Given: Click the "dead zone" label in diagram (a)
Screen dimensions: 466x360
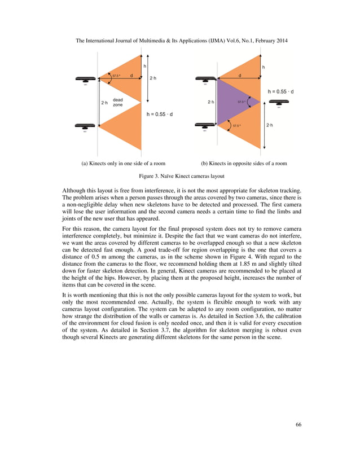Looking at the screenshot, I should coord(118,103).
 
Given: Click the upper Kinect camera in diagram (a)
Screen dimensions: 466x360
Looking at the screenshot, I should coord(85,80).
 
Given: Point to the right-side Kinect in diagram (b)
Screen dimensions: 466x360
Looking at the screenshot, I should coord(279,103).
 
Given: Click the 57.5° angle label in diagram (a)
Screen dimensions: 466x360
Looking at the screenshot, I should coord(116,76).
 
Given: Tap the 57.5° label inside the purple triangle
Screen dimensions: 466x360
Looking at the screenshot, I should coord(242,102).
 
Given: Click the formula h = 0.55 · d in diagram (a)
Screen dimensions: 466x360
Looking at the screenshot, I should coord(160,114).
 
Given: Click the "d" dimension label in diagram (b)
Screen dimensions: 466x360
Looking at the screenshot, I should coord(239,74).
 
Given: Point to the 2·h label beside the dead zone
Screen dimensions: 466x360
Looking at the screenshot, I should coord(104,103).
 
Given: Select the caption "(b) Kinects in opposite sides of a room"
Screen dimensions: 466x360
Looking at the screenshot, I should coord(244,164).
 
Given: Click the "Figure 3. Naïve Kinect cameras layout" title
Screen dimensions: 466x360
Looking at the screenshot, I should coord(180,177).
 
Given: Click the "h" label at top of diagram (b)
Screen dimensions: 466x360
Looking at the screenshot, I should coord(263,67).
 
